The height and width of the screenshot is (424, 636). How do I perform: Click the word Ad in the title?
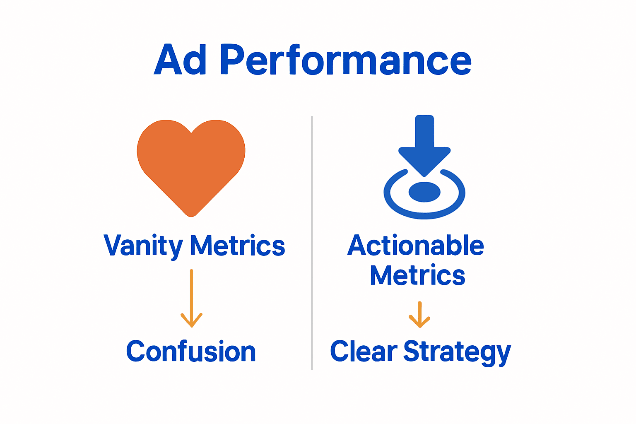(181, 60)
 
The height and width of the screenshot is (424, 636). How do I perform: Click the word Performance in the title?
(346, 60)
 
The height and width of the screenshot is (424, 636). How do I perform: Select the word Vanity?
(143, 246)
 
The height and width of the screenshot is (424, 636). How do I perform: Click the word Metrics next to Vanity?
(238, 246)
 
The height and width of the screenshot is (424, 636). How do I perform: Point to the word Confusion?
(191, 352)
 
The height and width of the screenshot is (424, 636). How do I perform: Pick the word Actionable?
(416, 246)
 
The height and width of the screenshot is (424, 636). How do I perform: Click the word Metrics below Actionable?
(417, 275)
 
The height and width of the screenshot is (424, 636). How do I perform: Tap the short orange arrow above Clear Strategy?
(419, 315)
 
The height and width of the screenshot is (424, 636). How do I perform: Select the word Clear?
(364, 352)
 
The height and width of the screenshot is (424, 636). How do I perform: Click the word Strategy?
(457, 352)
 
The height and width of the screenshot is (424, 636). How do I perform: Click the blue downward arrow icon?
(424, 145)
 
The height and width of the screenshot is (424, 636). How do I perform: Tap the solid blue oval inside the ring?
(424, 192)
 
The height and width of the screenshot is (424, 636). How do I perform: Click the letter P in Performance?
(233, 60)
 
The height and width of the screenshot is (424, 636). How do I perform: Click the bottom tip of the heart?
(191, 214)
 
